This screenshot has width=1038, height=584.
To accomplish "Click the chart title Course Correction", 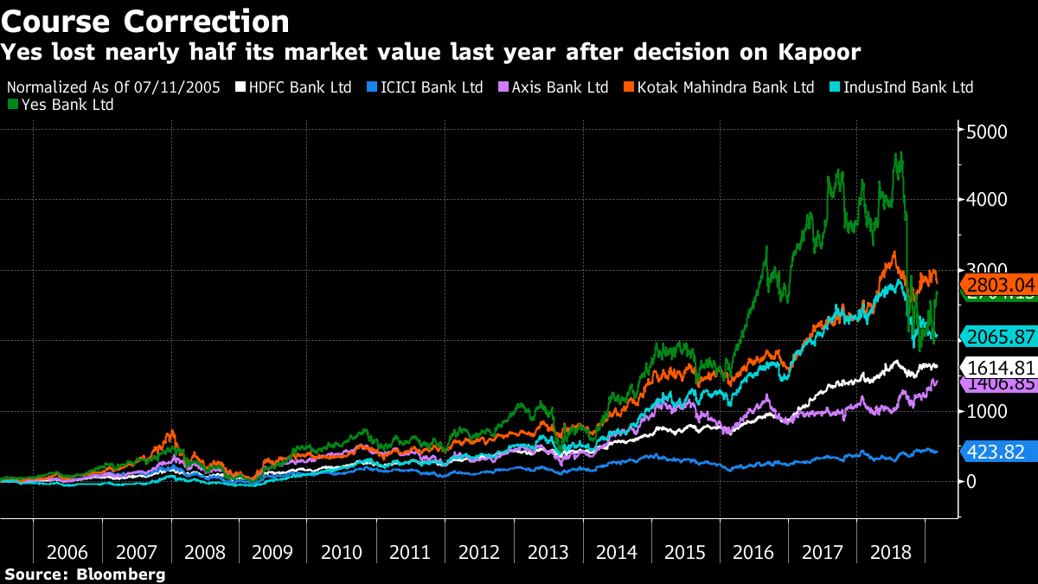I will coord(146,21).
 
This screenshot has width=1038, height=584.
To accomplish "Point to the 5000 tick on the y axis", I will coord(986,132).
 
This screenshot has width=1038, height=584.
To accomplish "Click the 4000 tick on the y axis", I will coord(986,201).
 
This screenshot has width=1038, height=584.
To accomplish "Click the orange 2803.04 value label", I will coord(1000,285).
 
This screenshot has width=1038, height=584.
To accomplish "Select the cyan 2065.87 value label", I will coord(1000,336).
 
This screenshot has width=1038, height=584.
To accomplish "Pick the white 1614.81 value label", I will coord(1000,367).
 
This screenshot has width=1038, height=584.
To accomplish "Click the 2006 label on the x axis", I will coord(67,551).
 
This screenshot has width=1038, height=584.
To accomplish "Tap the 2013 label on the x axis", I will coord(548,551).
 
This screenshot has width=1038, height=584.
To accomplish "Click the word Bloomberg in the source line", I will coord(121,574).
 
